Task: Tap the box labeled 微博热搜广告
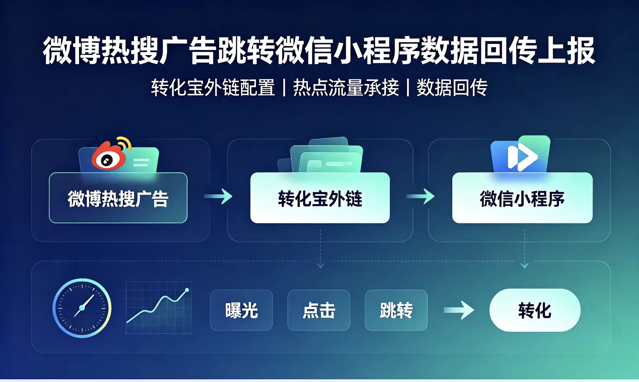coord(118,198)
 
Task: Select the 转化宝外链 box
coord(320,198)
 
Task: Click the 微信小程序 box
coord(522,198)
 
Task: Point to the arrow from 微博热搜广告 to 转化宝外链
coord(218,197)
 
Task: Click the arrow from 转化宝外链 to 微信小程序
coord(421,197)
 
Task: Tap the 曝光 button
coord(241,310)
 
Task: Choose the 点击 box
coord(319,310)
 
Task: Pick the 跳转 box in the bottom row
coord(396,310)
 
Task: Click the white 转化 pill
coord(535,310)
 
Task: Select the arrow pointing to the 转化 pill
coord(459,310)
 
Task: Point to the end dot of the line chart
coord(187,290)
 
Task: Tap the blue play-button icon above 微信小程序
coord(520,154)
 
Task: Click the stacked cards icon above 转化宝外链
coord(320,155)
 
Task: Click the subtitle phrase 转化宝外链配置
coord(213,88)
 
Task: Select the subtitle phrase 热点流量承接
coord(346,88)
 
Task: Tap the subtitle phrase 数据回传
coord(452,88)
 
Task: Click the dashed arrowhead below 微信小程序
coord(524,265)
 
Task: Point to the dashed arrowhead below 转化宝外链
coord(321,265)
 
